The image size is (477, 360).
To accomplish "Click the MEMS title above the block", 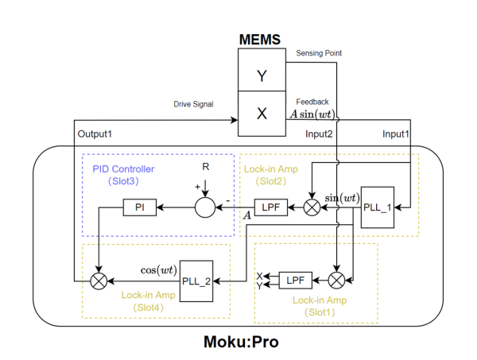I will [x=262, y=39].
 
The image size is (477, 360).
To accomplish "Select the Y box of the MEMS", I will [x=262, y=76].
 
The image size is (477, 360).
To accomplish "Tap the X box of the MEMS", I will [x=262, y=113].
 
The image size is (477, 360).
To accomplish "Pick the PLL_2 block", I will [x=196, y=280].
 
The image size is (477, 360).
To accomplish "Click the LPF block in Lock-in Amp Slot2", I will [x=270, y=208].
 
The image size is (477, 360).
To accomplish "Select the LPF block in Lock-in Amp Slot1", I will [x=296, y=280].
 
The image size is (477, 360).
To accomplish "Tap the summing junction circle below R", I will [x=206, y=208].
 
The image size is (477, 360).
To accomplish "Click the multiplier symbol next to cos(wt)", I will [x=99, y=280].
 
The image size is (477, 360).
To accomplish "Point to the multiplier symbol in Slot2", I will [x=312, y=208].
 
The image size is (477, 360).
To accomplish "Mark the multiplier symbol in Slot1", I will [x=337, y=280].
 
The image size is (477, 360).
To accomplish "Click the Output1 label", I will [x=95, y=134].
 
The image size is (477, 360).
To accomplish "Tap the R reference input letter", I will [x=206, y=168].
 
